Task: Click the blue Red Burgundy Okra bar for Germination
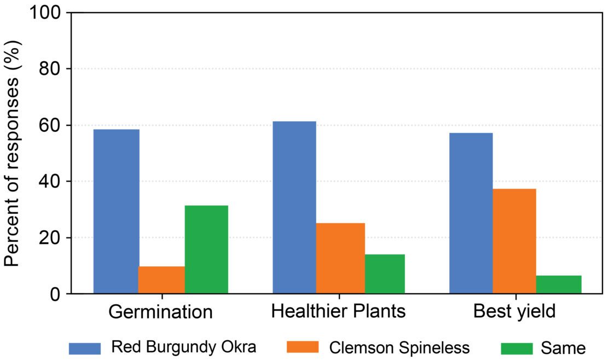click(116, 212)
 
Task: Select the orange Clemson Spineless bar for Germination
click(161, 280)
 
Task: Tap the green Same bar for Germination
click(206, 249)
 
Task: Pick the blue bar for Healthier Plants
click(294, 207)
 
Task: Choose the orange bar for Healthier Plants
click(340, 258)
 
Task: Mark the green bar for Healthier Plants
click(385, 274)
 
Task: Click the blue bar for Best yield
click(471, 213)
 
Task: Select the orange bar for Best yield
click(514, 241)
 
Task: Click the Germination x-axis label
click(160, 312)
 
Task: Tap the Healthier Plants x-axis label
click(339, 311)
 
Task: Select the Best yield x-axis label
click(514, 312)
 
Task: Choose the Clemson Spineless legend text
click(399, 348)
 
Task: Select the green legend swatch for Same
click(516, 349)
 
